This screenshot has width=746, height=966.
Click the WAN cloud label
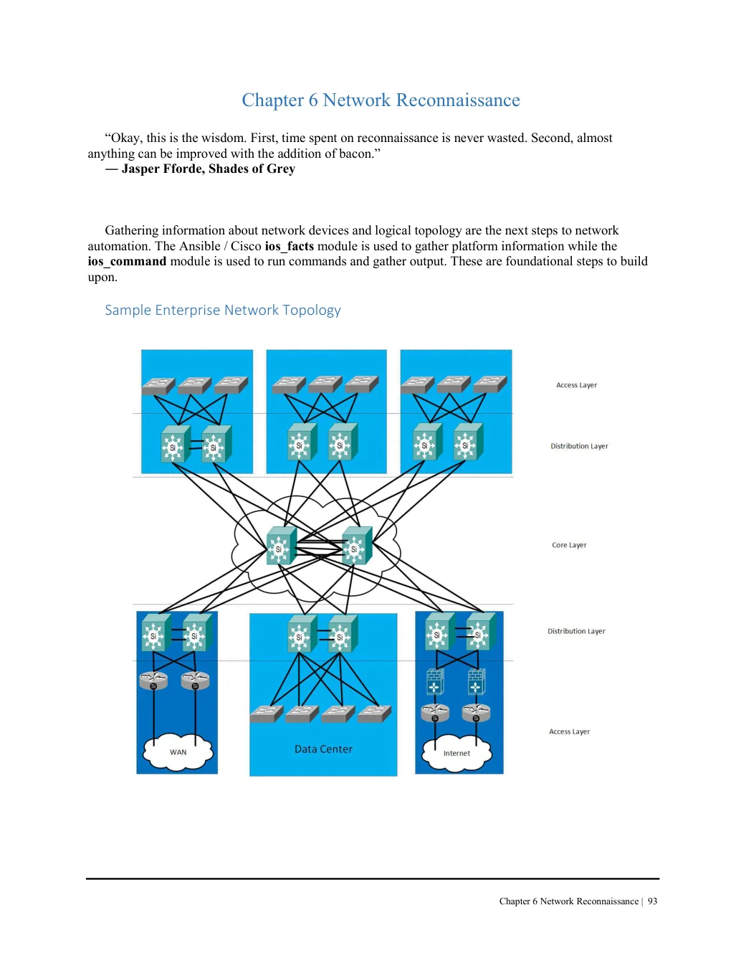coord(178,752)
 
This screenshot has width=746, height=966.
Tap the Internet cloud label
coord(456,753)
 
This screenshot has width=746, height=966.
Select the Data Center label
coord(323,749)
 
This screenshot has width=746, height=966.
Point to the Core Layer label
coord(569,545)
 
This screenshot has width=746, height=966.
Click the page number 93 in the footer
coord(652,901)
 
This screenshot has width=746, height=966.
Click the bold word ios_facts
coord(289,246)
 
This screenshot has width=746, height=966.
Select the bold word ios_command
coord(127,261)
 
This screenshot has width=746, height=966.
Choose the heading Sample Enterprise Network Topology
coord(223,310)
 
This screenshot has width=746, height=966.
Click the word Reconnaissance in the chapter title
coord(458,100)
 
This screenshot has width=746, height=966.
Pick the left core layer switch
coord(282,546)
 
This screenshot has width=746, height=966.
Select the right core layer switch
coord(357,546)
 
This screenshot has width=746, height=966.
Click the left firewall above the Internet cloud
coord(435,682)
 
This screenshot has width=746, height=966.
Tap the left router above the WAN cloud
coord(153,681)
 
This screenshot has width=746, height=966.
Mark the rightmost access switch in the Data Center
coord(374,714)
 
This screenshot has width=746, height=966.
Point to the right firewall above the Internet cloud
coord(476,682)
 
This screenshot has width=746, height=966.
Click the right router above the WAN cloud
coord(195,681)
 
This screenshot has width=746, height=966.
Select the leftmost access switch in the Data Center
coord(267,714)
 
